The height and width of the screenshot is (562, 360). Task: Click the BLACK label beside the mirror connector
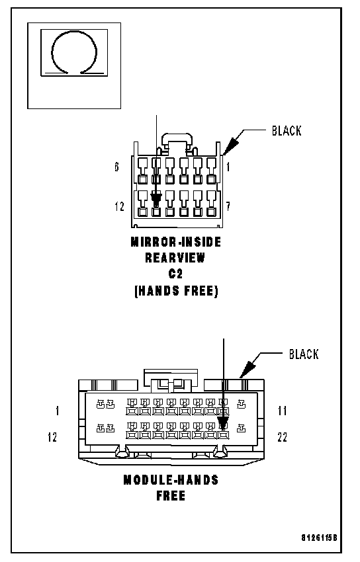tap(287, 131)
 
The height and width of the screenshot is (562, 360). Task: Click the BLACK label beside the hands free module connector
tap(304, 354)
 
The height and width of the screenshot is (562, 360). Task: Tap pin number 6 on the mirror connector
tap(117, 167)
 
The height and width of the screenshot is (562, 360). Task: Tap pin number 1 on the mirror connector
tap(228, 167)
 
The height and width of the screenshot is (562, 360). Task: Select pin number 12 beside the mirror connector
tap(119, 206)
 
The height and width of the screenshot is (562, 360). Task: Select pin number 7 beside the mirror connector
tap(228, 206)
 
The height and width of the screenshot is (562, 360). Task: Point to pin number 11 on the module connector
tap(283, 411)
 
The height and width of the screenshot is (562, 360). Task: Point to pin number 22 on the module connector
tap(282, 437)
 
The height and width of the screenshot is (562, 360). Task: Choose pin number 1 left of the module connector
tap(58, 411)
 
